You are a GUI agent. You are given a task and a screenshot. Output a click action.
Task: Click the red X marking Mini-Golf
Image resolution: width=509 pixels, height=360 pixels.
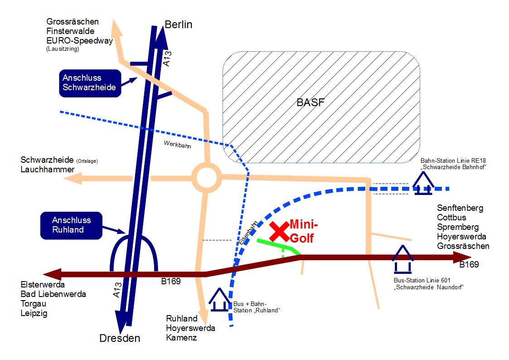pyautogui.click(x=280, y=232)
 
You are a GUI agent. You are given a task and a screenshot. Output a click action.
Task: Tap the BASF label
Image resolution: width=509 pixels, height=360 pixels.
pyautogui.click(x=310, y=102)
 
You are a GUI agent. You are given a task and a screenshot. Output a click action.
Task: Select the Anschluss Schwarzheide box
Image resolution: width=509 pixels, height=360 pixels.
pyautogui.click(x=90, y=83)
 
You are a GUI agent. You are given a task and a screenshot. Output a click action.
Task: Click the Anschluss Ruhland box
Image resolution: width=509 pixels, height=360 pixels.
pyautogui.click(x=71, y=225)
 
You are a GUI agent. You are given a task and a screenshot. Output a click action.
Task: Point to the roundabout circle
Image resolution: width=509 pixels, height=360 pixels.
pyautogui.click(x=206, y=178)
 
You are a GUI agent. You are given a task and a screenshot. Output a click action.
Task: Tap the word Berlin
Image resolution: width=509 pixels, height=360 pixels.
pyautogui.click(x=179, y=24)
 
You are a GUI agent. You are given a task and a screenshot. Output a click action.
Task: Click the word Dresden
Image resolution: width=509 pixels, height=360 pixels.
pyautogui.click(x=120, y=338)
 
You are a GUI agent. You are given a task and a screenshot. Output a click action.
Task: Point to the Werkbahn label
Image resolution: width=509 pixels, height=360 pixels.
pyautogui.click(x=178, y=146)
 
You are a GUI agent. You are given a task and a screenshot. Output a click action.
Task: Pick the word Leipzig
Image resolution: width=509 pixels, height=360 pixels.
pyautogui.click(x=34, y=313)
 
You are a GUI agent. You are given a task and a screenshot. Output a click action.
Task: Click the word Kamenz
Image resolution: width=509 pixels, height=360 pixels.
pyautogui.click(x=181, y=337)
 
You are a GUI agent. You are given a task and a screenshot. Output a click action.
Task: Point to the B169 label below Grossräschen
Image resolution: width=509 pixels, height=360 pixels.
pyautogui.click(x=469, y=265)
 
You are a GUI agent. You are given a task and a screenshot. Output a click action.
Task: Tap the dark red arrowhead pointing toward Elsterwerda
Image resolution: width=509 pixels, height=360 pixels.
pyautogui.click(x=52, y=274)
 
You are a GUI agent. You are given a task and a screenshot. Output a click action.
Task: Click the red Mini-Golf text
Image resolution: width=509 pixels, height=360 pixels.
pyautogui.click(x=302, y=231)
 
